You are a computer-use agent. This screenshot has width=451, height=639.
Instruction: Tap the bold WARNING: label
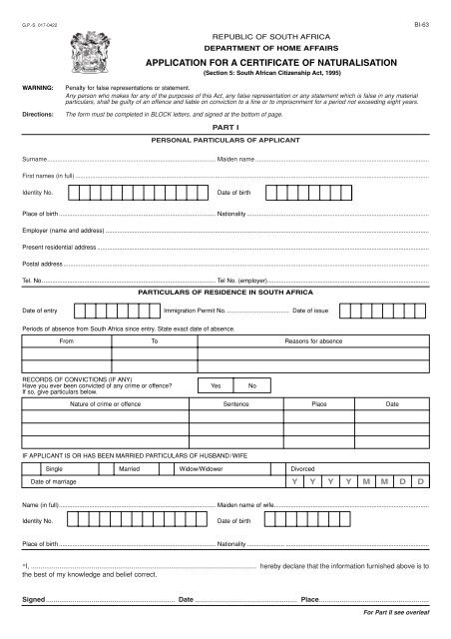tap(36, 90)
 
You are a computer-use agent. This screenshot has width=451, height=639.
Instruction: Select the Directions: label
tap(37, 116)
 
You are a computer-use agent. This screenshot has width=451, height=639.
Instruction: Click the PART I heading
tap(225, 129)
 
